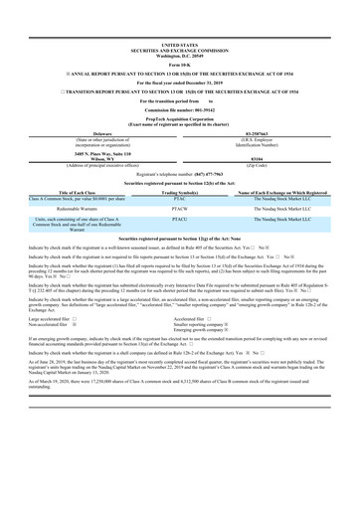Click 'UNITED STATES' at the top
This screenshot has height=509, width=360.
click(179, 45)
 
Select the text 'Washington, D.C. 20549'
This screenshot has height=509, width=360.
click(179, 55)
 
